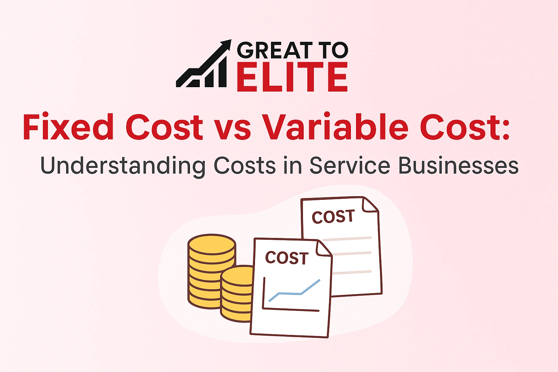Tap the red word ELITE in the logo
(292, 77)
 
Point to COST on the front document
(287, 258)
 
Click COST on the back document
(333, 217)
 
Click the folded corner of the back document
(369, 205)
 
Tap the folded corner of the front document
(323, 248)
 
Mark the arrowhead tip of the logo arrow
(230, 41)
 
